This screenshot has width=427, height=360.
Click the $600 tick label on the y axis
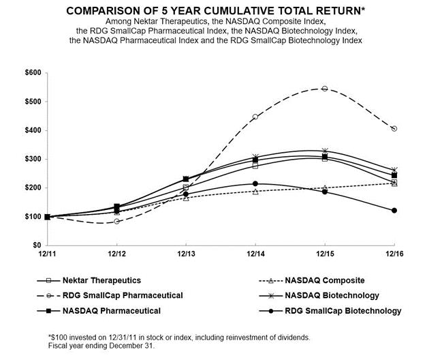[32, 73]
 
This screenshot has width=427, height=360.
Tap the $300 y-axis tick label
[32, 159]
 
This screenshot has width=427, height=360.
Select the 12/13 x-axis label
[185, 254]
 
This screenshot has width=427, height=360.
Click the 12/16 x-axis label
[394, 254]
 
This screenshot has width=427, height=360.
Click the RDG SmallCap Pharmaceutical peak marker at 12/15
[324, 89]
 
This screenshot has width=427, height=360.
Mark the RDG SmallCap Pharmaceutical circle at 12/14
[255, 117]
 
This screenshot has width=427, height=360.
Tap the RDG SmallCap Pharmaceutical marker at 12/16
[394, 128]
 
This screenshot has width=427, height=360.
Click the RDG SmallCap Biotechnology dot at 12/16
[394, 210]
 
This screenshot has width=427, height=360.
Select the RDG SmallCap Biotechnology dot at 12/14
[255, 183]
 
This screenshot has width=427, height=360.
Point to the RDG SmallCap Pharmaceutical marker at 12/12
[117, 221]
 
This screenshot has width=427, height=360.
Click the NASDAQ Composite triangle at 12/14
[255, 192]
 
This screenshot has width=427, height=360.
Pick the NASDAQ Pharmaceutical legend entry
[112, 310]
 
